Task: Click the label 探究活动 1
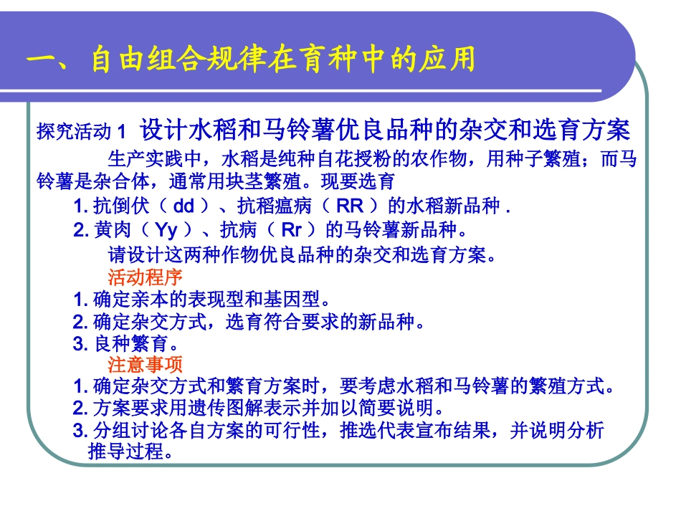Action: pos(82,132)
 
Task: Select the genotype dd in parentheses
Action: pos(184,206)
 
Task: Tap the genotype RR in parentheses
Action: pos(350,206)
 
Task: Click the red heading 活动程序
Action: pos(146,277)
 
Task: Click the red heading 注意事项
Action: pos(146,364)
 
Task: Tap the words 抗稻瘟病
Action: pos(267,206)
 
